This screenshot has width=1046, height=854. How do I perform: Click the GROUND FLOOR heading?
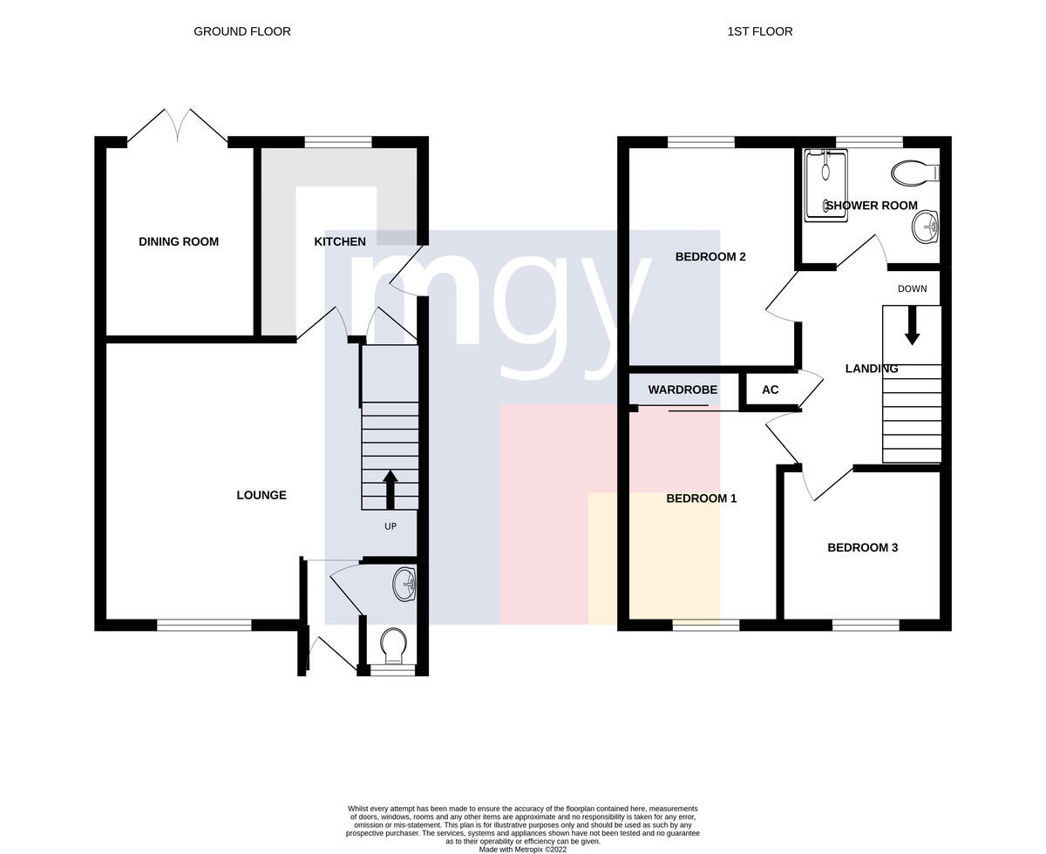242,31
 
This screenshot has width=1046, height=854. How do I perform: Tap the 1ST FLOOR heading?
760,31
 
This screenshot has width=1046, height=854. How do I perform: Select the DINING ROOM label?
179,241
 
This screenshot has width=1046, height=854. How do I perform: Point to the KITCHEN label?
340,241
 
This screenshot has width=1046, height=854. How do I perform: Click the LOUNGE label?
261,495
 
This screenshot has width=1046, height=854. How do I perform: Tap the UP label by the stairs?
391,526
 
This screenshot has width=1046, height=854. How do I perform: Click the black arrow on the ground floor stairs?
391,490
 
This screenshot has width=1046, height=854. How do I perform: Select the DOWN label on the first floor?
912,288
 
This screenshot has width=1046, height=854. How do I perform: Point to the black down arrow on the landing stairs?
912,325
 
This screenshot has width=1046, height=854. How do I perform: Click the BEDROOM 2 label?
710,256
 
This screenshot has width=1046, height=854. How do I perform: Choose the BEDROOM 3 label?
862,547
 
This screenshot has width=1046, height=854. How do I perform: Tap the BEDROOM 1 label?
702,498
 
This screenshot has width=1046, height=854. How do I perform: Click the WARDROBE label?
683,390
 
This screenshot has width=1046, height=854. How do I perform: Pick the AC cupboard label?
771,390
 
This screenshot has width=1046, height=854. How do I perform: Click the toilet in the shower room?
915,173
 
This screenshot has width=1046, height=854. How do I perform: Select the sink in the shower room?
926,227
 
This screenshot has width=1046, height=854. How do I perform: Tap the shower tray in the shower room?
825,186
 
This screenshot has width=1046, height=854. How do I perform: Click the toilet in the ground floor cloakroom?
394,646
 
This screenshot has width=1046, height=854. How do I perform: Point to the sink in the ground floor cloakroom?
404,584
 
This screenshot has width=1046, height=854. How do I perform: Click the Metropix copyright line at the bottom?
523,850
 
